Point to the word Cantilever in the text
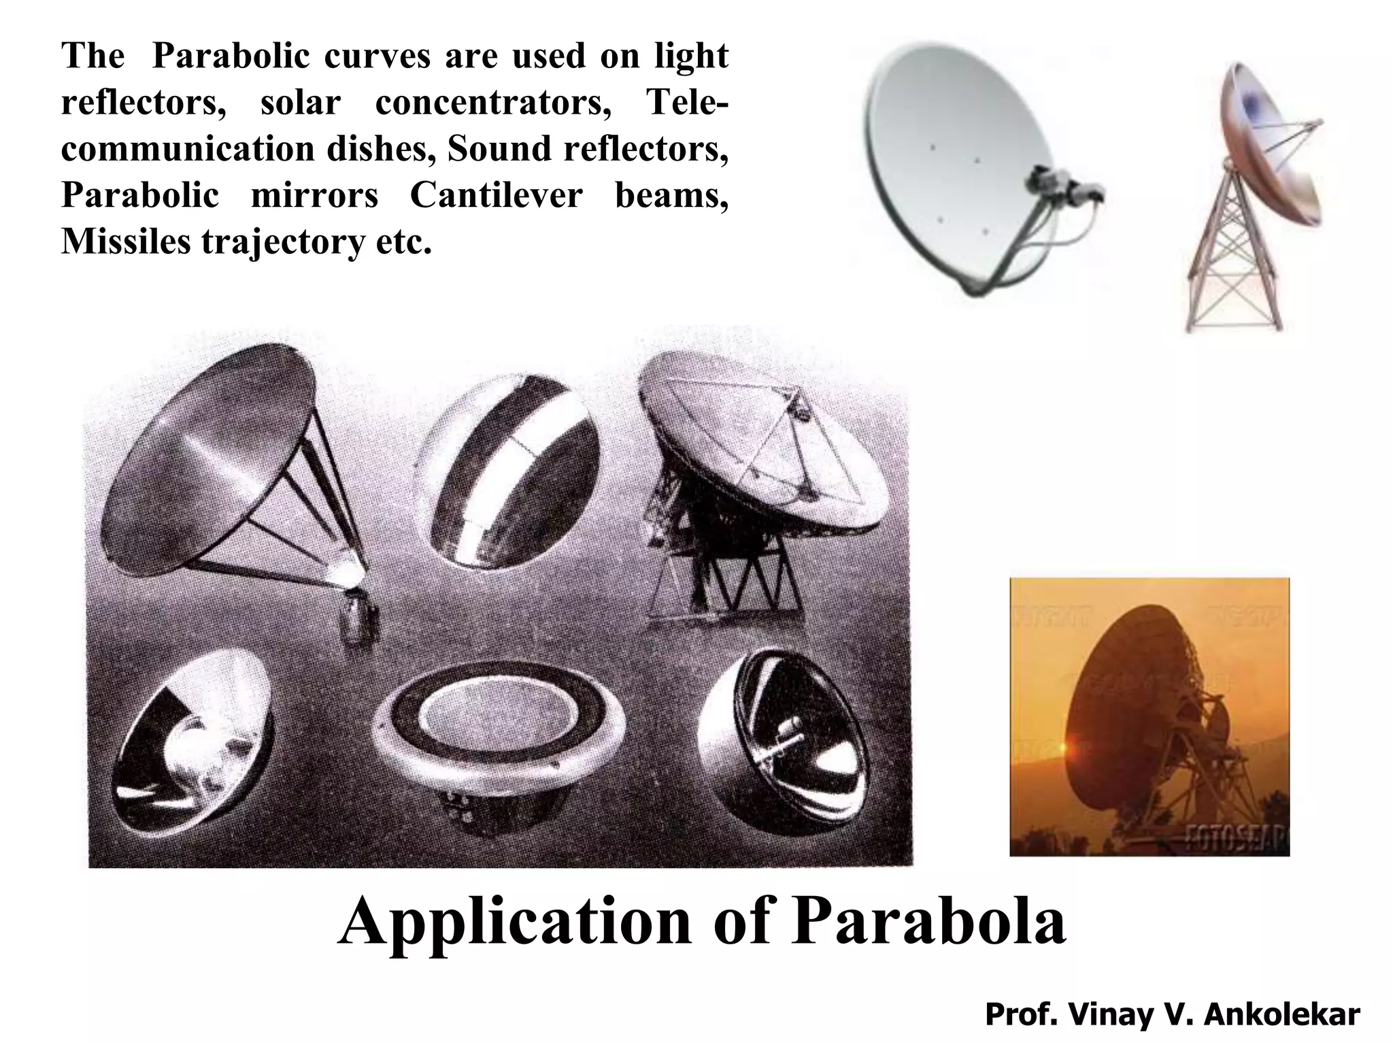pos(496,195)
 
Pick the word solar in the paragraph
pos(300,102)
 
